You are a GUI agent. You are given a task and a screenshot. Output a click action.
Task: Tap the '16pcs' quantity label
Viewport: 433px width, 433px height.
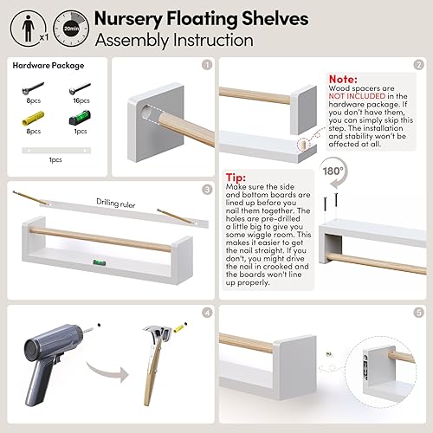click(81, 100)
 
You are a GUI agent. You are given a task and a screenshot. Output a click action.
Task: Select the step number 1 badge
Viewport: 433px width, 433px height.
click(206, 64)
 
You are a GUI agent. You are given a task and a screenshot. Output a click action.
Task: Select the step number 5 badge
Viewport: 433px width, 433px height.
click(418, 312)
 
